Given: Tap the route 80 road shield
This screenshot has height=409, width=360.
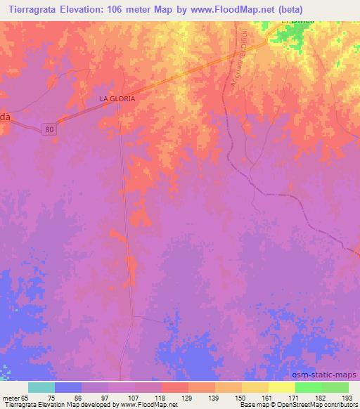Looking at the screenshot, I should point(49,129).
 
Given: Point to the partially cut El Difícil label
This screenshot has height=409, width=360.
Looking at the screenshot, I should point(295,22).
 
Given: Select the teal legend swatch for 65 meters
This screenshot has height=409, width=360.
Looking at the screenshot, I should point(41,387).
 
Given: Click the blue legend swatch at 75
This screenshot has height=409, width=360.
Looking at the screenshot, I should point(68,387).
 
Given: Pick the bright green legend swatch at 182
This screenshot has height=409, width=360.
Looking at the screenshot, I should point(309,387).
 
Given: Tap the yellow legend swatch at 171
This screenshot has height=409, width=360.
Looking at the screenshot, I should point(282,387).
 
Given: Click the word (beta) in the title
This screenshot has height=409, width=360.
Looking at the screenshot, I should point(337,9).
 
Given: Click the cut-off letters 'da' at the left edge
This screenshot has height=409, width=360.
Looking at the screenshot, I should point(5,118).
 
